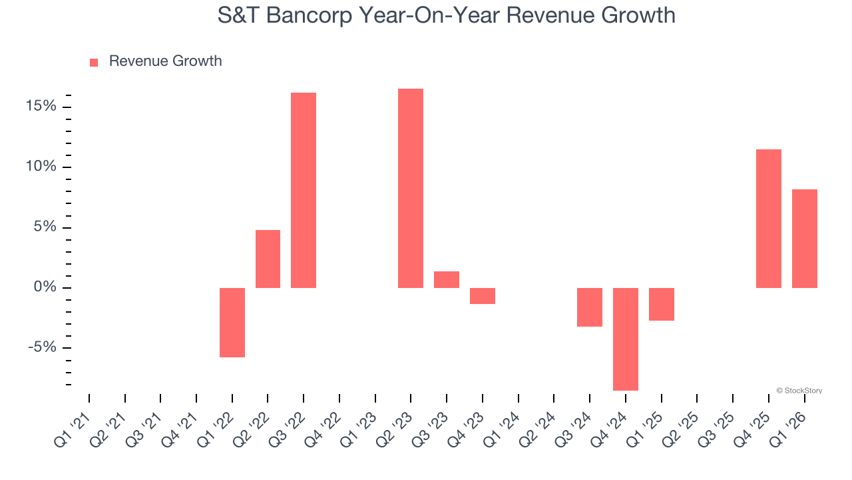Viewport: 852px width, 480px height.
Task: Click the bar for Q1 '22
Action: click(232, 323)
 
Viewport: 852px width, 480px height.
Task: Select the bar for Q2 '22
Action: click(268, 259)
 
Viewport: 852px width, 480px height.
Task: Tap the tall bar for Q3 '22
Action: click(304, 190)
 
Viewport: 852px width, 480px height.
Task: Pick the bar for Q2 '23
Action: click(411, 188)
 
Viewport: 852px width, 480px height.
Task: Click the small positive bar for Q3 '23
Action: click(447, 279)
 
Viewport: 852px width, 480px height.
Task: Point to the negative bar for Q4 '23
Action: click(483, 296)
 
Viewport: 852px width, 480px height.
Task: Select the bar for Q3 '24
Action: click(590, 307)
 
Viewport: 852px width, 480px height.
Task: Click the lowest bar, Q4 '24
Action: click(626, 339)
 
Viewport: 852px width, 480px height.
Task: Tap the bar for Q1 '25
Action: click(662, 304)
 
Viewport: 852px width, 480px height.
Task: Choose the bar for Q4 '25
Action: click(769, 219)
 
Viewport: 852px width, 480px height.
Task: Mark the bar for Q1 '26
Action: click(805, 239)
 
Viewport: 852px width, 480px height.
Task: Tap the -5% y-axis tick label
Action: click(43, 348)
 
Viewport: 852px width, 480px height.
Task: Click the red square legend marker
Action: click(94, 62)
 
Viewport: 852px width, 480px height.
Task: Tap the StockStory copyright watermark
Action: click(799, 391)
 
